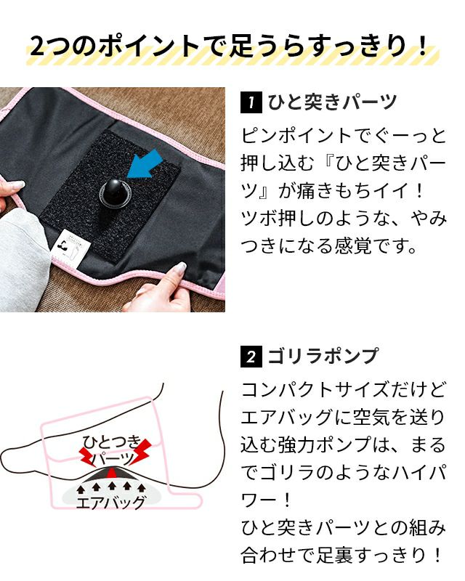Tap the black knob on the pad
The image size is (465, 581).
[112, 192]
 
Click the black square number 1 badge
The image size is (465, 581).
[252, 102]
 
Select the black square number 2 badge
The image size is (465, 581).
[252, 357]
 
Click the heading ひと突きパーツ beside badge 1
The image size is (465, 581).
[332, 102]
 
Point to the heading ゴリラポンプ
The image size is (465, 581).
[323, 356]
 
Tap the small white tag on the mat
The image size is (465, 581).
[72, 247]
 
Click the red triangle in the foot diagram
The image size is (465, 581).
[112, 473]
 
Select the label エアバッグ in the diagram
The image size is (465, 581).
[110, 503]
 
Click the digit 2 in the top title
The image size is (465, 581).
[39, 46]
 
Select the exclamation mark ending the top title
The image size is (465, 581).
[421, 46]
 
